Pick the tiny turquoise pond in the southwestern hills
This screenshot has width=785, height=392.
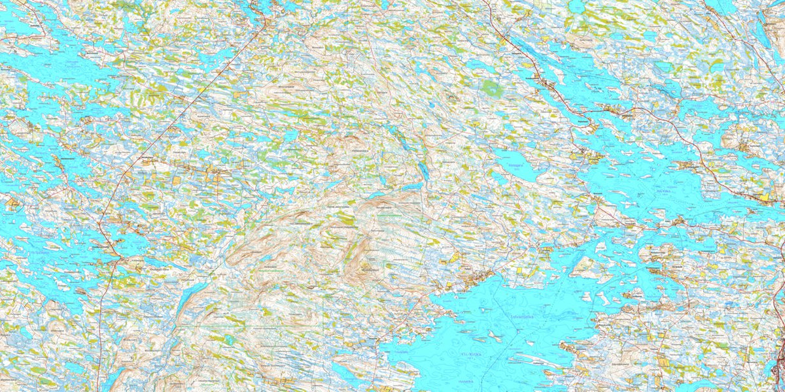click(x=230, y=340)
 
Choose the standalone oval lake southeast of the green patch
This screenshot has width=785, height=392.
click(x=517, y=163)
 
